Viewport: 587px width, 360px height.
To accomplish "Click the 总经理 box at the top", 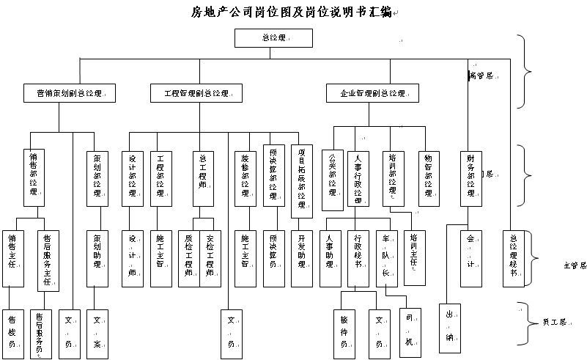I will (273, 38).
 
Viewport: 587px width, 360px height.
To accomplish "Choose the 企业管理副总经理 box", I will (372, 94).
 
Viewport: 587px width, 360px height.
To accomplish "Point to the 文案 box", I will (97, 327).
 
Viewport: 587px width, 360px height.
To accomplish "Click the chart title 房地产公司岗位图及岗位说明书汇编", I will (290, 12).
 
